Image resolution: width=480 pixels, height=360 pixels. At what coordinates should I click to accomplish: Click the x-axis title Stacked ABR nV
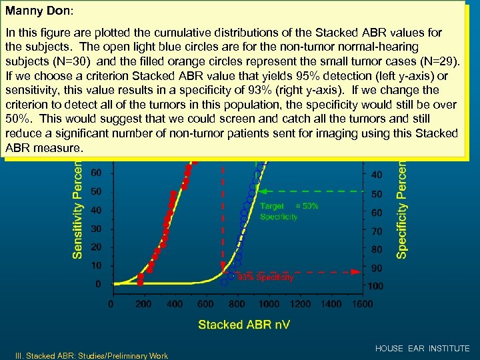[243, 325]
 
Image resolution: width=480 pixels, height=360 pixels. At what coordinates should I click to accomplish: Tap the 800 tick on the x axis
[237, 304]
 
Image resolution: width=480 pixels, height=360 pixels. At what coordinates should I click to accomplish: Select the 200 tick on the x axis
[143, 304]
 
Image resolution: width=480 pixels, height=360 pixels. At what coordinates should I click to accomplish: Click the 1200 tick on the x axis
[301, 304]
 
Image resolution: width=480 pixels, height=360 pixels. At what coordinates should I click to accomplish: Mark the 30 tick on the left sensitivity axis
[97, 229]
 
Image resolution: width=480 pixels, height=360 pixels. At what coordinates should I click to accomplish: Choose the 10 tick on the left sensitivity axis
[97, 265]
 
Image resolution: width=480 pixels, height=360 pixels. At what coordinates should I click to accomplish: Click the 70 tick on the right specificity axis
[377, 231]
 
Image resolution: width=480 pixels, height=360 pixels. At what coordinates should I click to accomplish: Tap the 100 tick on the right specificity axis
[375, 287]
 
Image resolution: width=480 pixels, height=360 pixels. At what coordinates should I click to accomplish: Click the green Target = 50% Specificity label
[289, 211]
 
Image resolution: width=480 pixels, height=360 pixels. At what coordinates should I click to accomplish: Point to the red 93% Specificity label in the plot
[265, 277]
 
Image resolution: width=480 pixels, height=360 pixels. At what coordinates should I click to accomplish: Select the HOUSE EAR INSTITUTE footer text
[422, 349]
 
